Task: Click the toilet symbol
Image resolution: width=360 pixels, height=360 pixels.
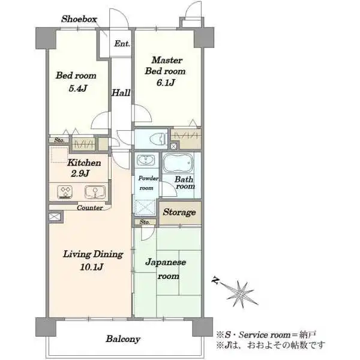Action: tap(158, 139)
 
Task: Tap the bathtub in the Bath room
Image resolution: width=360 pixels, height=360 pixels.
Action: tap(178, 163)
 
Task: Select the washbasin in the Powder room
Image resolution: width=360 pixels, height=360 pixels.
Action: tap(146, 160)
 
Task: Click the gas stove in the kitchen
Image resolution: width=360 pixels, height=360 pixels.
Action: tap(65, 192)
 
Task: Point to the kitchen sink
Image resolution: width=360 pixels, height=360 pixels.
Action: tap(95, 192)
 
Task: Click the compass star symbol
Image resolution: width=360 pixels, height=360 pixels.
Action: tap(240, 293)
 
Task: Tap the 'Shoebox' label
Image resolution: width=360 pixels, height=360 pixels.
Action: tap(79, 19)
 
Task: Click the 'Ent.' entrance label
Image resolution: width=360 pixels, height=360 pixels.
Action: tap(122, 43)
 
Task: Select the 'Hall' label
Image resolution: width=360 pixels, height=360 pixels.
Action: tap(121, 93)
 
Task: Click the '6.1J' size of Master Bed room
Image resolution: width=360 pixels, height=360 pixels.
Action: tap(166, 82)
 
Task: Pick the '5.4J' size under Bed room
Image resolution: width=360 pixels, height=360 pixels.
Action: tap(78, 88)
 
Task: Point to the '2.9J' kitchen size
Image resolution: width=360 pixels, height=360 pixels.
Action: tap(80, 173)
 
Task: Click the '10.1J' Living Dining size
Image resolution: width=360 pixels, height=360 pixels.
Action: tap(92, 267)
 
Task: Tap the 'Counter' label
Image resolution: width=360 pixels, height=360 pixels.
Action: tap(90, 208)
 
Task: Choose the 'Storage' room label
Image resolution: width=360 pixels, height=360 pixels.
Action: tap(179, 212)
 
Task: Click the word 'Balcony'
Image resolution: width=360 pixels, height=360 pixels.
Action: tap(123, 339)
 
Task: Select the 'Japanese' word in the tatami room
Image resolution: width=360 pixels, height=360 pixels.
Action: tap(166, 262)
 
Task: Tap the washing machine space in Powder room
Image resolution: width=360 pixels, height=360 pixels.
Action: tap(145, 208)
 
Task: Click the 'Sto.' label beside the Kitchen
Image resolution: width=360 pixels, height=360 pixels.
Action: tap(59, 140)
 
